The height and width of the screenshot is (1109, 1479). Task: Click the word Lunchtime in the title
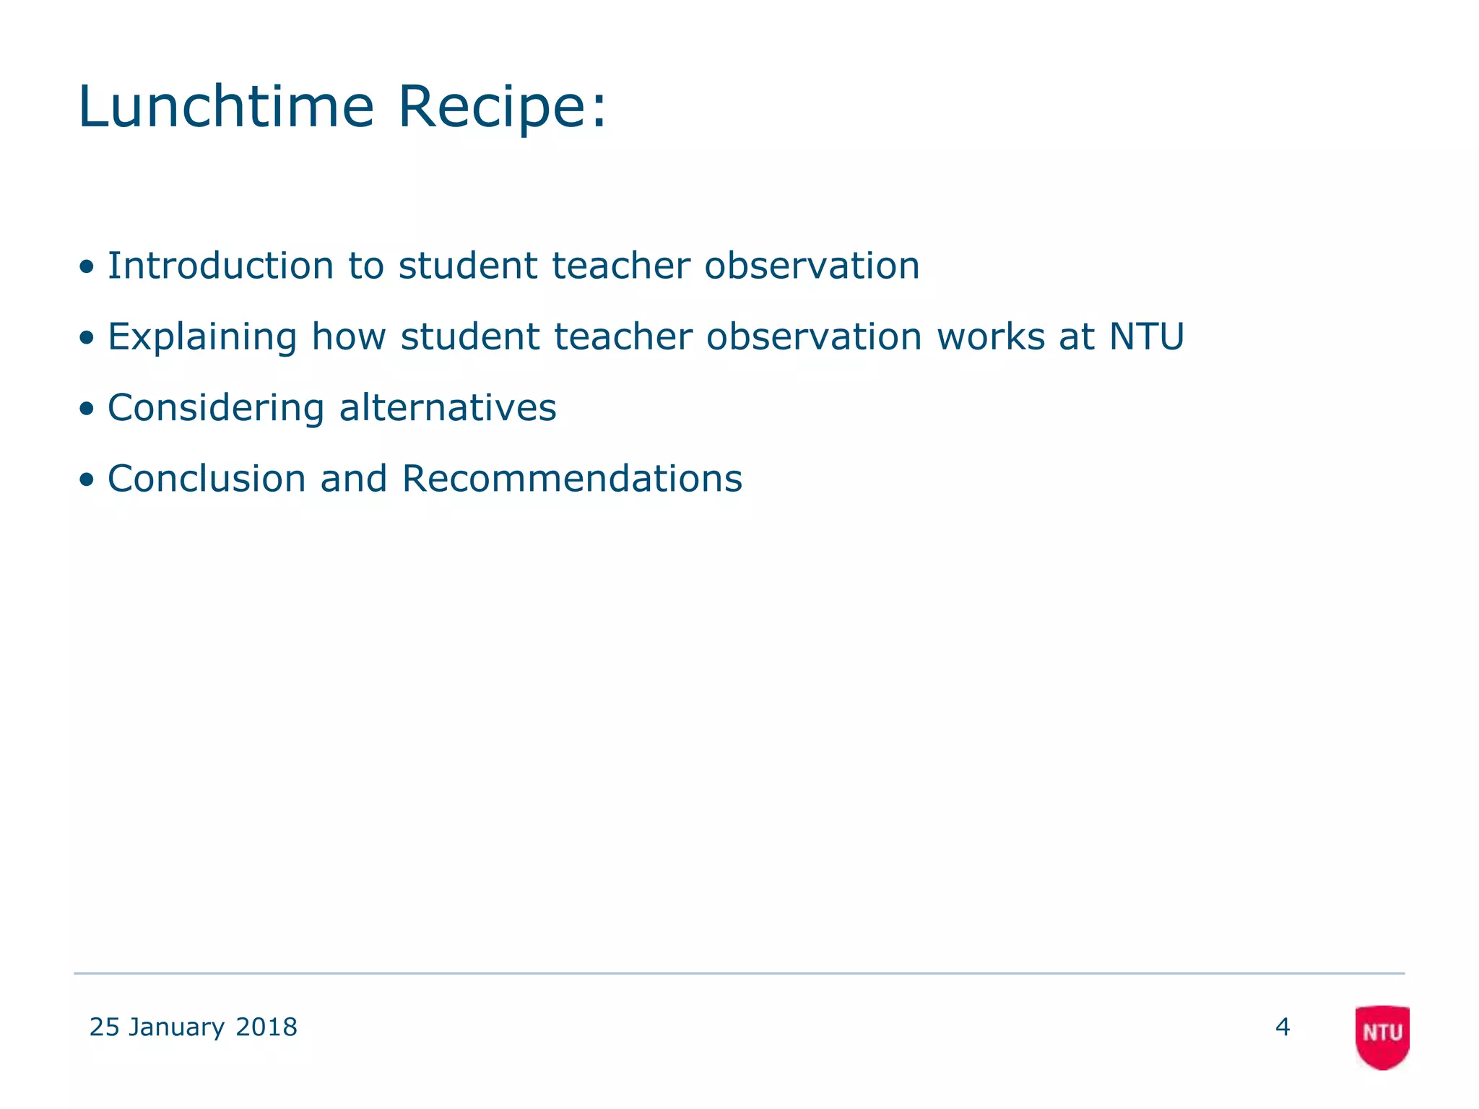pos(225,107)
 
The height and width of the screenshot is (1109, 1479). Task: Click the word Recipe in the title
pos(494,107)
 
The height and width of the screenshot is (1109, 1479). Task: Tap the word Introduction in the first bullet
pos(220,265)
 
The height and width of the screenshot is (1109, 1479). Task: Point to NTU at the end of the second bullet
pos(1147,336)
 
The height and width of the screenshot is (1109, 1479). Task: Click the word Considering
pos(216,408)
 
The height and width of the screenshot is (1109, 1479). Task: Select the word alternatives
pos(448,407)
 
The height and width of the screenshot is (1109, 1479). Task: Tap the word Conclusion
pos(207,479)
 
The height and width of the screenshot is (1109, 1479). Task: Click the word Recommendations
pos(572,479)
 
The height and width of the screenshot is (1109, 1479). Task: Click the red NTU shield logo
pos(1382,1036)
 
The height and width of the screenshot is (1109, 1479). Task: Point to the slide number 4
pos(1283,1027)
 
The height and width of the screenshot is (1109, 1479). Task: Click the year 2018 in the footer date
pos(266,1027)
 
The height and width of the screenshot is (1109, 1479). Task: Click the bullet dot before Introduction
pos(87,267)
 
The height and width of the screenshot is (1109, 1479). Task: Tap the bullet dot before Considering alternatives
pos(87,409)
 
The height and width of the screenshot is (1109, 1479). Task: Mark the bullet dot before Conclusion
pos(87,480)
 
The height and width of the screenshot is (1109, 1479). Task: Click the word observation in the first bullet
pos(812,265)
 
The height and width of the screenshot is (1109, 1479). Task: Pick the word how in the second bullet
pos(349,336)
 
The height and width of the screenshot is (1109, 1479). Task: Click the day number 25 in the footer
pos(104,1027)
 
